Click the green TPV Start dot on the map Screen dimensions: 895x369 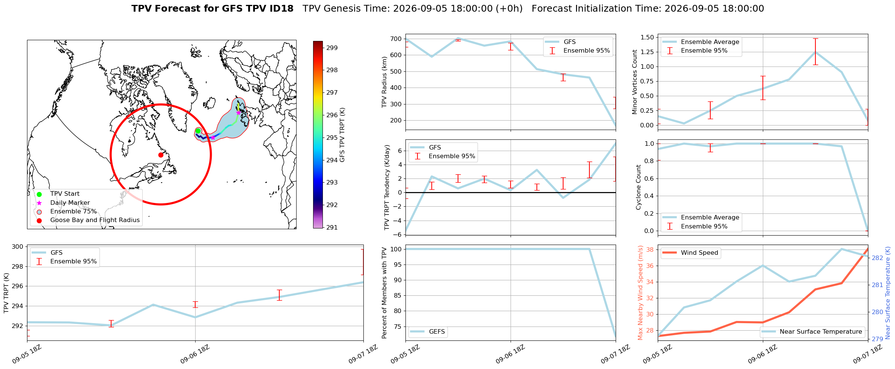tap(198, 131)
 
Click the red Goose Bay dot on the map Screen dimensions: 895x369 tap(161, 155)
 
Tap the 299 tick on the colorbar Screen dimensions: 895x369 tap(332, 48)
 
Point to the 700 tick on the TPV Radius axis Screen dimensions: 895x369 tap(396, 39)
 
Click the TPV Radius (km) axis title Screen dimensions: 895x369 tap(384, 82)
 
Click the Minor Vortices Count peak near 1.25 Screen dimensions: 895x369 tap(815, 52)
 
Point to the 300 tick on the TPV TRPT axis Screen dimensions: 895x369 tap(18, 247)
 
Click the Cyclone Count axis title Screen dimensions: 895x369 tap(638, 187)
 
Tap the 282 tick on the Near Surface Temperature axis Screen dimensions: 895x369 tap(877, 258)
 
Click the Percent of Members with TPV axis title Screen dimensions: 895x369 tap(384, 293)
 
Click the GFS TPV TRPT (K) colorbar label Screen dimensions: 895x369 tap(342, 135)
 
